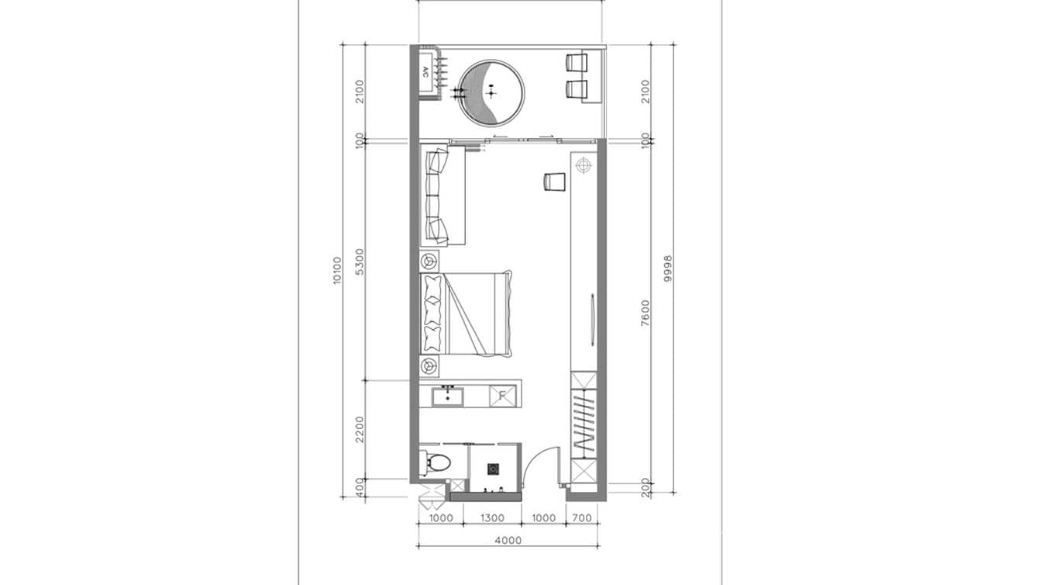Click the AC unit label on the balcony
425,72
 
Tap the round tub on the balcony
491,93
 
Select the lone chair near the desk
554,181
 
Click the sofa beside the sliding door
443,196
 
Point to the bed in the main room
467,313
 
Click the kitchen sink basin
448,396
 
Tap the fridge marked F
502,396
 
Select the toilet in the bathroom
436,463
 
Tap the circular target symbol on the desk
583,164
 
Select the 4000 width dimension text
508,541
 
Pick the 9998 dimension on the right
668,271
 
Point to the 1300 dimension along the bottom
492,517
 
